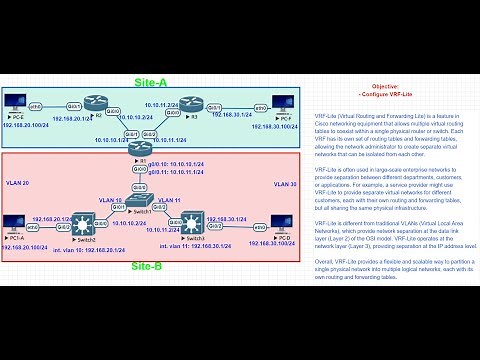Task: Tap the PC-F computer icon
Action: (x=281, y=106)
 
